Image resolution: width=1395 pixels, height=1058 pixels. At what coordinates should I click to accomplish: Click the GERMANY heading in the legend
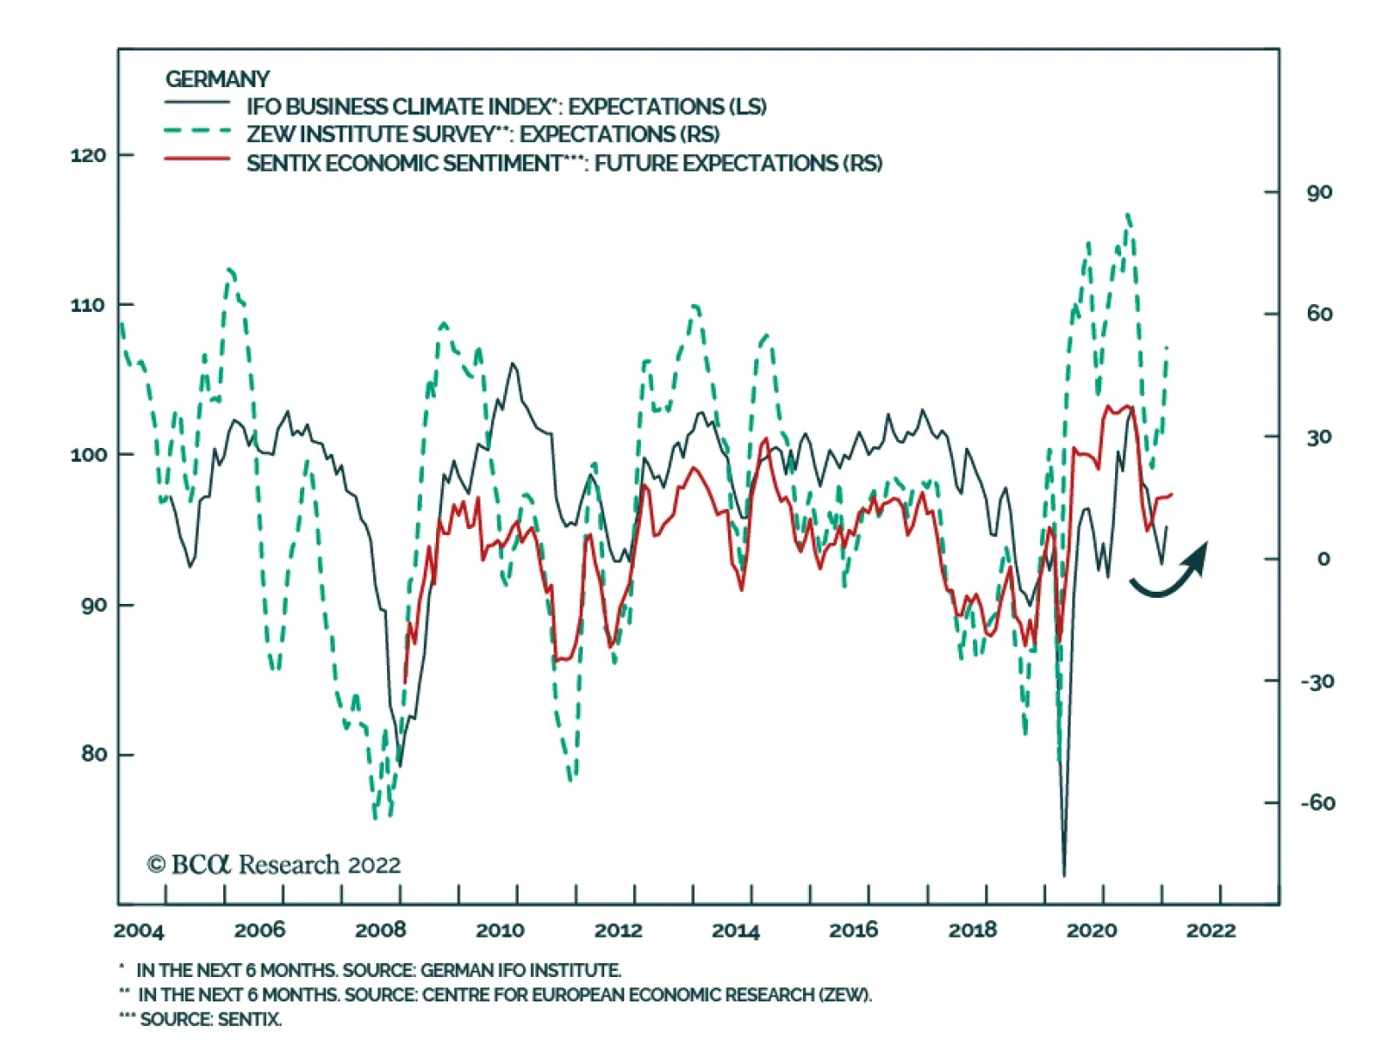(217, 79)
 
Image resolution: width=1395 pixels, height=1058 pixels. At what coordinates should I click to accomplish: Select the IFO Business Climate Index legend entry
(506, 107)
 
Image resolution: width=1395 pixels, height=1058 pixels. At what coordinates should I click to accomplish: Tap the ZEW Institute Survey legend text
(482, 135)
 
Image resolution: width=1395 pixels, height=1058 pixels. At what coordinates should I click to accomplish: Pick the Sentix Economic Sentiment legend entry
(563, 164)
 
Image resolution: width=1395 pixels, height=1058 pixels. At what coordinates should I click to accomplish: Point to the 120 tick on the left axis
(88, 156)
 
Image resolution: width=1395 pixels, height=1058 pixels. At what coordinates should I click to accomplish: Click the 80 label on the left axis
(94, 755)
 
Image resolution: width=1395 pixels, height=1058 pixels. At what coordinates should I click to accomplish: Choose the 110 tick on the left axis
(88, 306)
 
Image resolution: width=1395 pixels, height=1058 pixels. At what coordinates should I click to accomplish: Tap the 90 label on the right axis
(1319, 193)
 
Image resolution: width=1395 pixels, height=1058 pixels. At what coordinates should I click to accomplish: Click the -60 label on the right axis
(1317, 803)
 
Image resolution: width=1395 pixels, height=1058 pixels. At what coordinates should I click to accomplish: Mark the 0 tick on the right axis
(1324, 559)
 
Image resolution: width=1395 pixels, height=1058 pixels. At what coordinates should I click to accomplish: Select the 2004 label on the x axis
(139, 931)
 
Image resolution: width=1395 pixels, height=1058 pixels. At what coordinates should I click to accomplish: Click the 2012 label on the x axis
(618, 931)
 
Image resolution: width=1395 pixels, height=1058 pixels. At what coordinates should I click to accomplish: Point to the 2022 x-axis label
(1210, 931)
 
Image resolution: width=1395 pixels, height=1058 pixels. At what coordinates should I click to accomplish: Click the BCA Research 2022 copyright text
(274, 865)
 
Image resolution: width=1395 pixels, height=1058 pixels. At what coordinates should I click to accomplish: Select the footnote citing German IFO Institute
(378, 970)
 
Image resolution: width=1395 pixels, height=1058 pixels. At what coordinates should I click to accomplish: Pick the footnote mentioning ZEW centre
(504, 994)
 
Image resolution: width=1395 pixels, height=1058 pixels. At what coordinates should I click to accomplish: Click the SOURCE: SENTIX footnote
(210, 1020)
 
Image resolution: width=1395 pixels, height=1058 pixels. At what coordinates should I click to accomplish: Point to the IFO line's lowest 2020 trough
(1064, 874)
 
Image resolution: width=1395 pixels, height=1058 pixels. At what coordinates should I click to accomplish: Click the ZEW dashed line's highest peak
(1128, 214)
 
